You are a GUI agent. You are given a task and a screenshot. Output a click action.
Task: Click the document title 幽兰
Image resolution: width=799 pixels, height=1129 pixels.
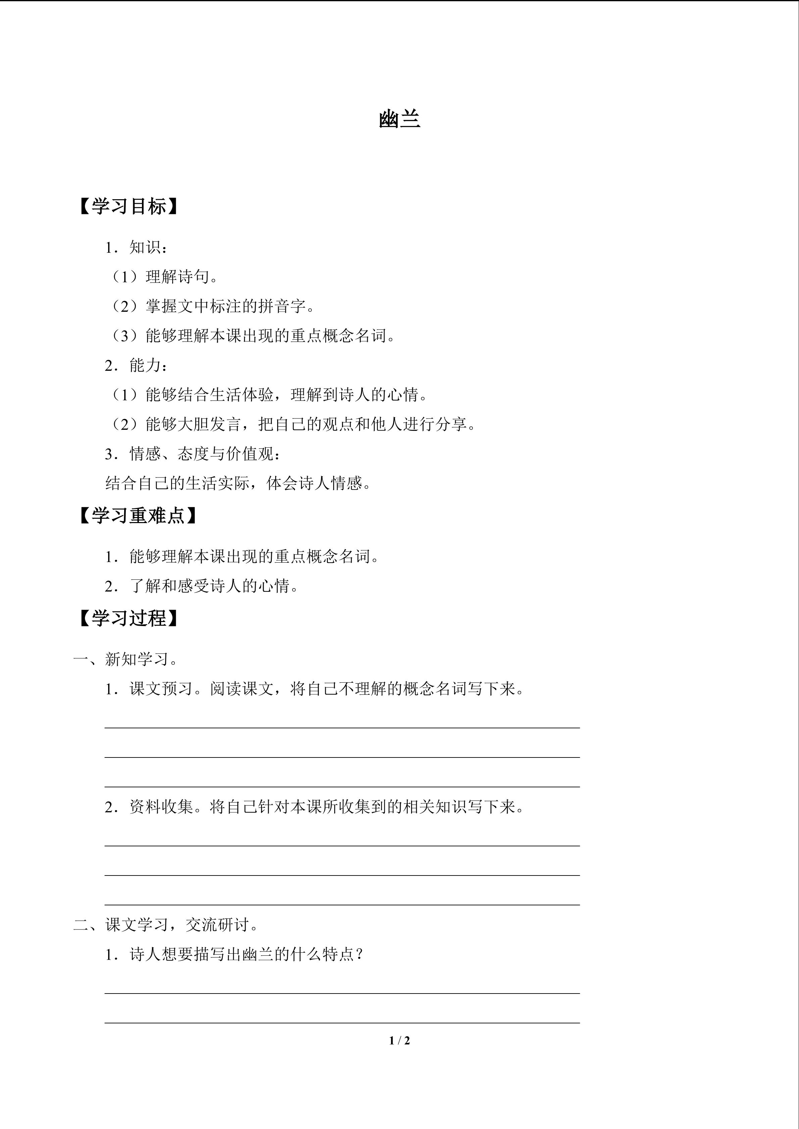tap(399, 119)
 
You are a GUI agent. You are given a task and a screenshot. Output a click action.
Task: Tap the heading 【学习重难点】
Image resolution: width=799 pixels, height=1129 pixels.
tap(138, 515)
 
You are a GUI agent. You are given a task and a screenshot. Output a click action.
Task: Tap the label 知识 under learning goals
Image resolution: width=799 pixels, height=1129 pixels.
tap(145, 247)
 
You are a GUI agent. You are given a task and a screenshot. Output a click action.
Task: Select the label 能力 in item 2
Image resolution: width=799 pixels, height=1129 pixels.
tap(145, 365)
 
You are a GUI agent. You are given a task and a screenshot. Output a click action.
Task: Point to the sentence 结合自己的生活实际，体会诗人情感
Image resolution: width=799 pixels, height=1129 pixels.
tap(238, 484)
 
